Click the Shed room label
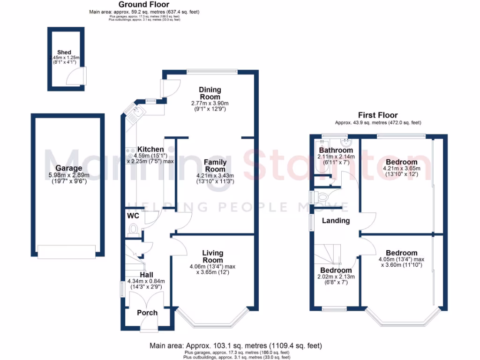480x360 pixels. (x=64, y=52)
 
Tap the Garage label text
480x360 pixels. (x=68, y=168)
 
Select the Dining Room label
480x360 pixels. (x=210, y=93)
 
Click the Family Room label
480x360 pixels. (x=216, y=165)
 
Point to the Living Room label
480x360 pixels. (x=212, y=256)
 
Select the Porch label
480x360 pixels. (x=147, y=313)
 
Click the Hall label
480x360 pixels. (x=147, y=275)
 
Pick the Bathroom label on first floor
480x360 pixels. (x=336, y=150)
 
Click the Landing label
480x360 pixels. (x=336, y=220)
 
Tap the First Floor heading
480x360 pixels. (x=378, y=115)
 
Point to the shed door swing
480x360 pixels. (x=78, y=75)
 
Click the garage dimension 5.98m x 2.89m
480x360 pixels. (x=68, y=175)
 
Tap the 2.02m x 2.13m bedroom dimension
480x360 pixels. (x=336, y=277)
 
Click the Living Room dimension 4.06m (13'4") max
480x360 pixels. (x=212, y=266)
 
